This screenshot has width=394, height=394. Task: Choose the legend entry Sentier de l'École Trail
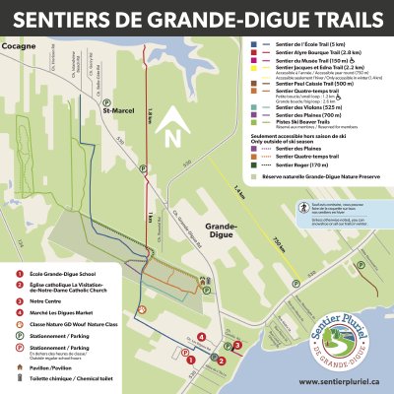(306, 43)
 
